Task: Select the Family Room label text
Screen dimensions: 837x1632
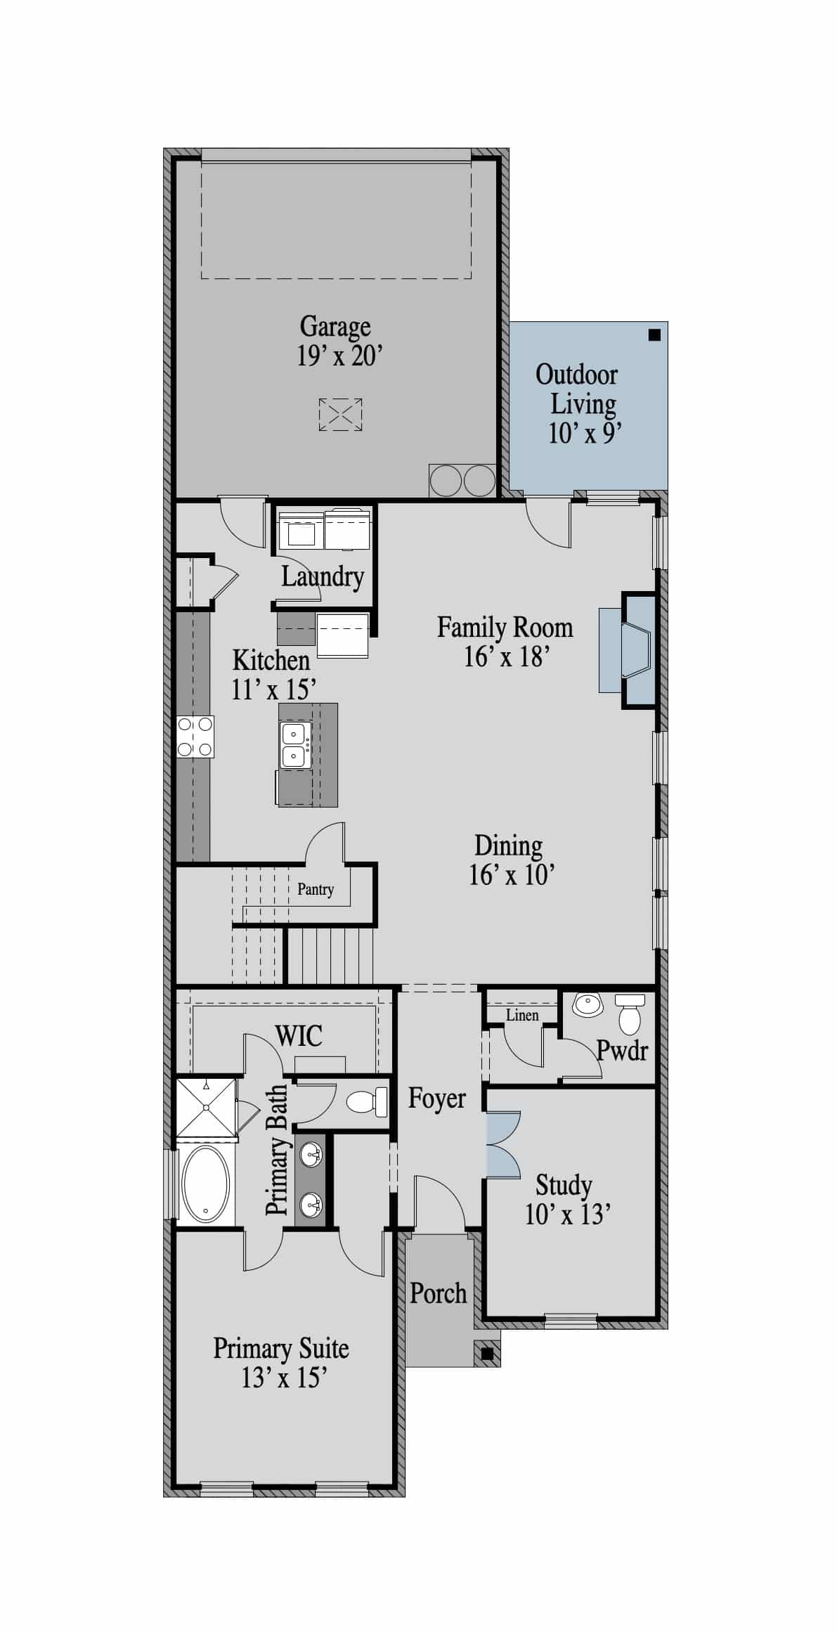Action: (505, 627)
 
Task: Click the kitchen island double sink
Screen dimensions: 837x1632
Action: (294, 745)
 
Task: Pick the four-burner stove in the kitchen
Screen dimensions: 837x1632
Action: (195, 737)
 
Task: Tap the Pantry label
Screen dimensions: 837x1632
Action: (316, 890)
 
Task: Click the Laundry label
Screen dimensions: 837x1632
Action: (323, 577)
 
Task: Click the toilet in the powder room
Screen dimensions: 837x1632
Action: (630, 1013)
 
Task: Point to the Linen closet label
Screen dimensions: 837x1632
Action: (522, 1015)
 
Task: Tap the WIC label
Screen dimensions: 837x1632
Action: (299, 1035)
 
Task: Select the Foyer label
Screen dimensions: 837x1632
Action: (437, 1098)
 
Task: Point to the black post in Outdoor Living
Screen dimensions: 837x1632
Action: (654, 335)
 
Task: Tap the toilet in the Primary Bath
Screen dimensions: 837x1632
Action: (368, 1101)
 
